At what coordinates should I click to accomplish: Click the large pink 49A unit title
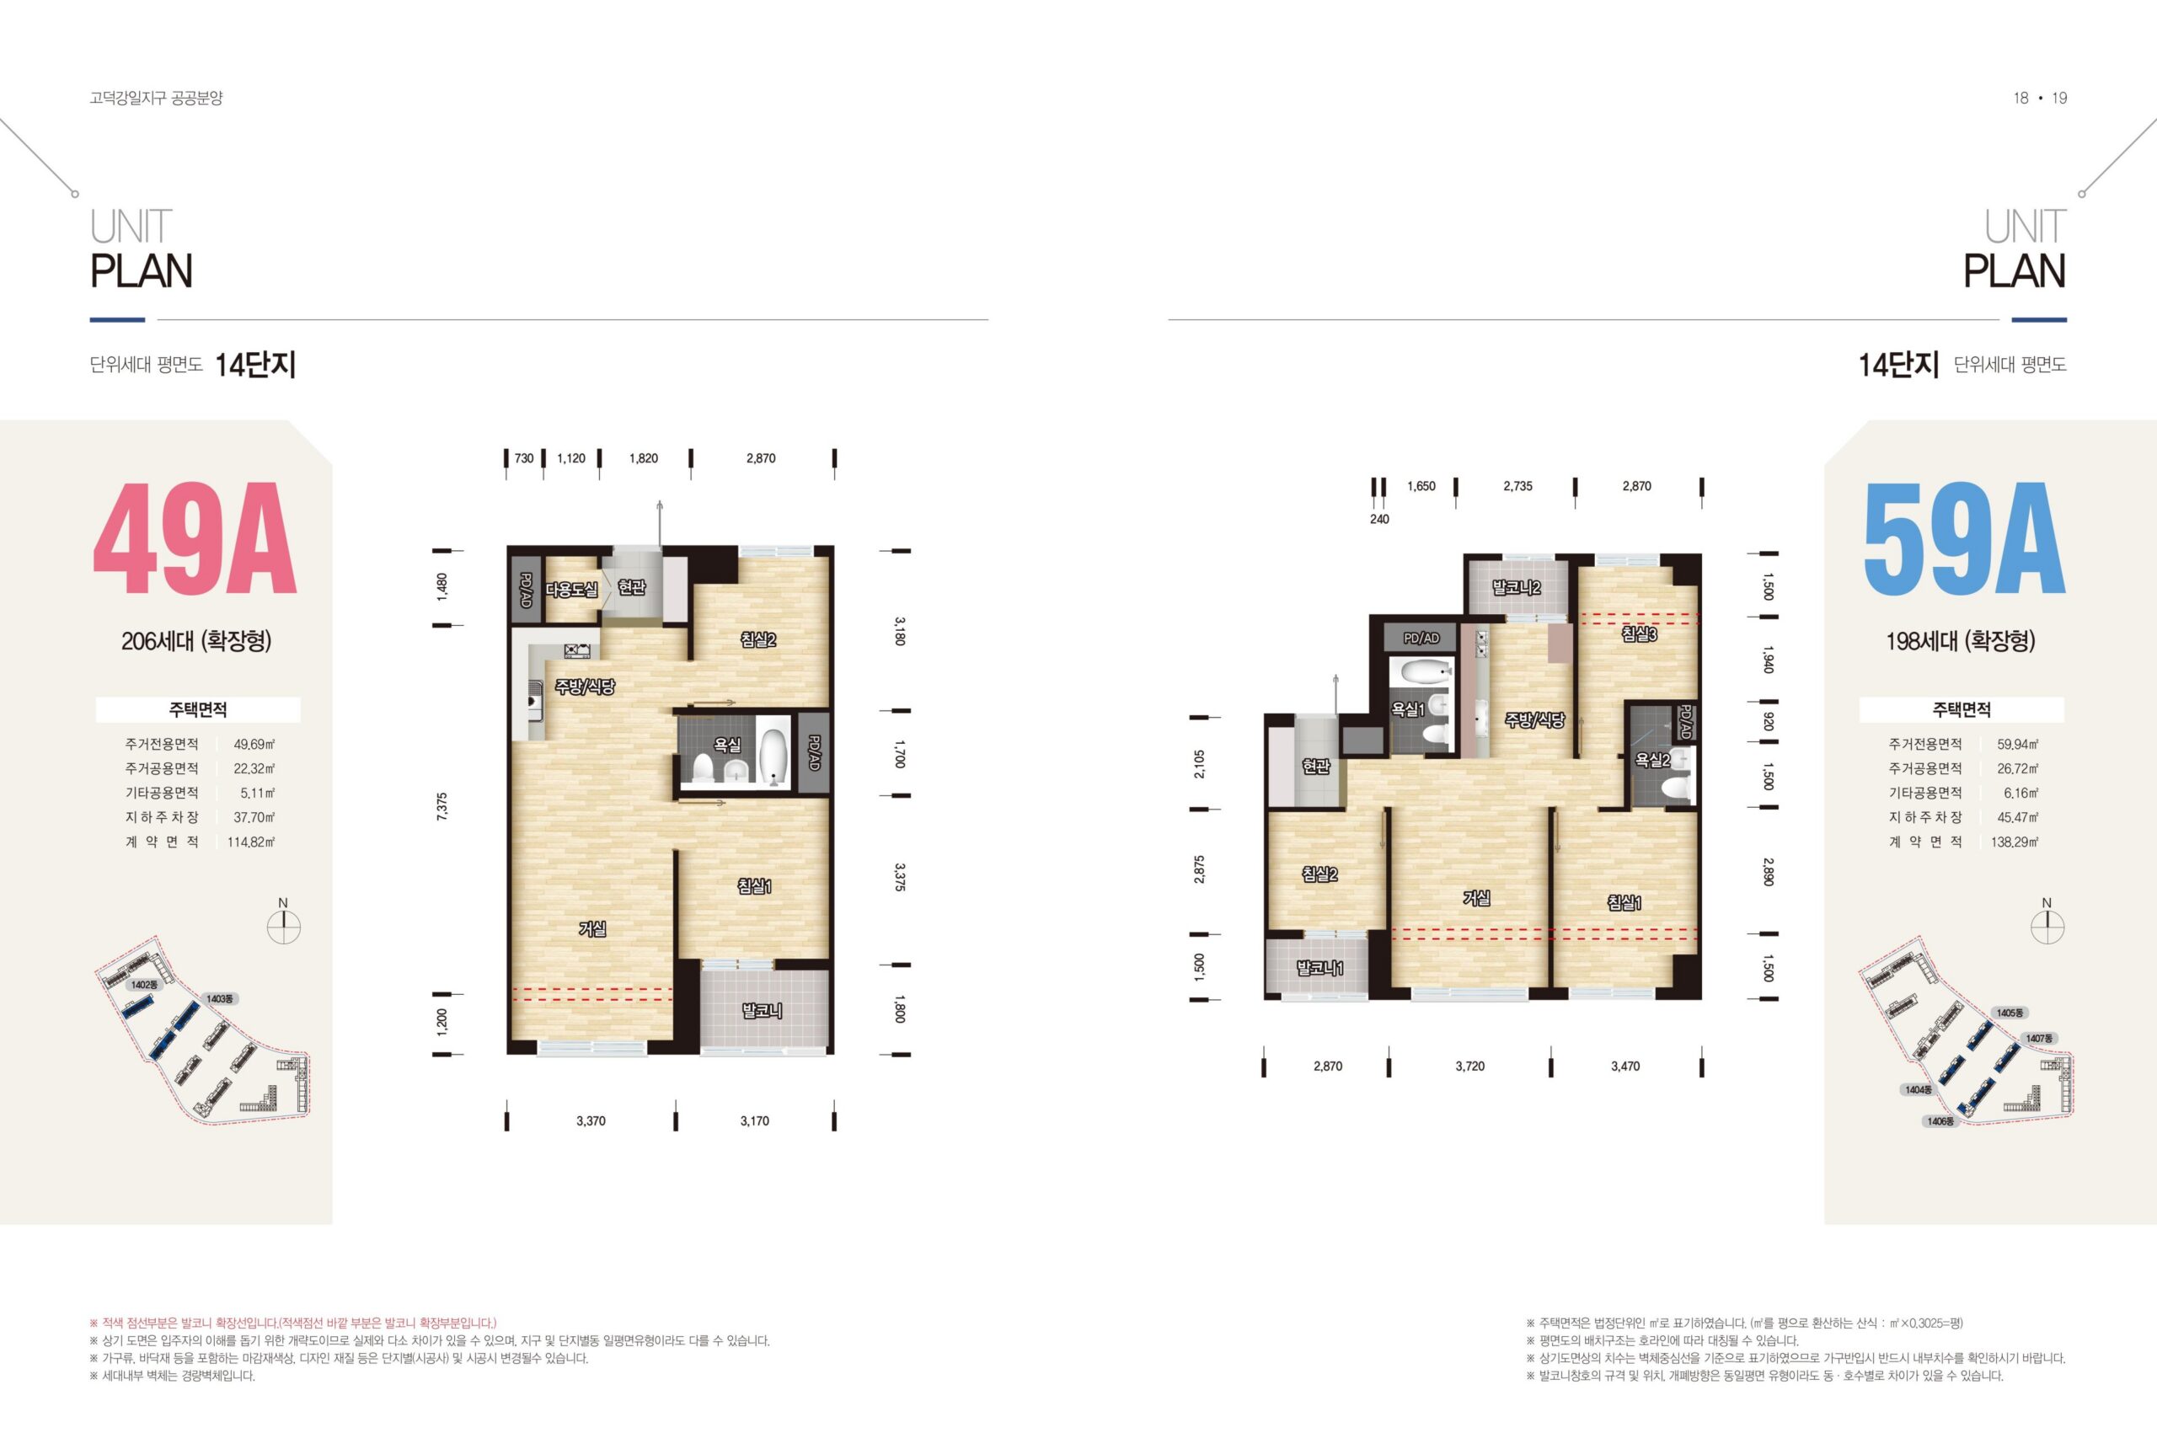point(195,539)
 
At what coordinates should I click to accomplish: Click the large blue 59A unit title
point(1963,539)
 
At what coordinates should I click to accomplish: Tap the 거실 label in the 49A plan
point(592,929)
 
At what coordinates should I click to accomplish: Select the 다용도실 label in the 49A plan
point(571,589)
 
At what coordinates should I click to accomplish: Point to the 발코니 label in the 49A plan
point(762,1011)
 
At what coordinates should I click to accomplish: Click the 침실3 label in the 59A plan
point(1639,633)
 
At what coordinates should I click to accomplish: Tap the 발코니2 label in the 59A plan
point(1516,587)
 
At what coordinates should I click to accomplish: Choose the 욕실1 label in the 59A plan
point(1408,709)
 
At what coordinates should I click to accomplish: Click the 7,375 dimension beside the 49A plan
point(442,806)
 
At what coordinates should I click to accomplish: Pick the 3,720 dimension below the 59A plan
point(1470,1066)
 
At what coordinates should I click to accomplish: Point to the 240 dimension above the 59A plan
point(1379,519)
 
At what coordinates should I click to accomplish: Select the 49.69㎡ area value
point(254,745)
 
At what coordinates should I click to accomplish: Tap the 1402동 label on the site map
point(144,985)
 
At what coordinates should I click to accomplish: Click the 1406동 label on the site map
point(1940,1120)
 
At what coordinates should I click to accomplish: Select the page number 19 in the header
point(2059,98)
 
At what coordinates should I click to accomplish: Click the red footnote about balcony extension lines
point(292,1323)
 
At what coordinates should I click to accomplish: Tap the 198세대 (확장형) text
point(1961,641)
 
